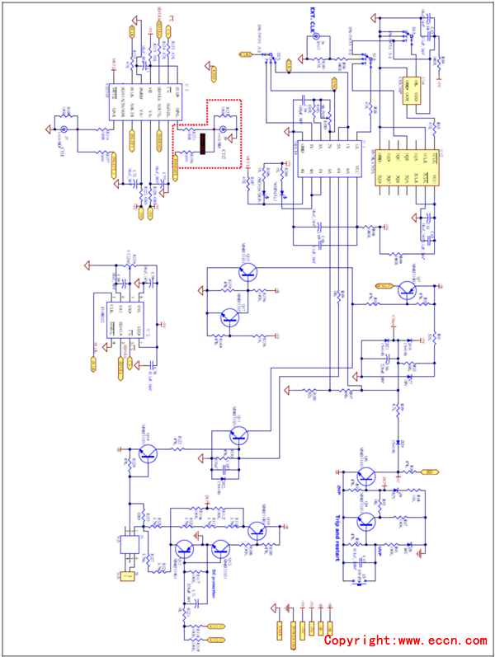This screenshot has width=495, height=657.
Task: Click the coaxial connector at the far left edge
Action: tap(62, 129)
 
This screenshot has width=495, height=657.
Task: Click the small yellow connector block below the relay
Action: tap(127, 576)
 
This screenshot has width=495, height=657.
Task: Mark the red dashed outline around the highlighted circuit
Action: tap(206, 102)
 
